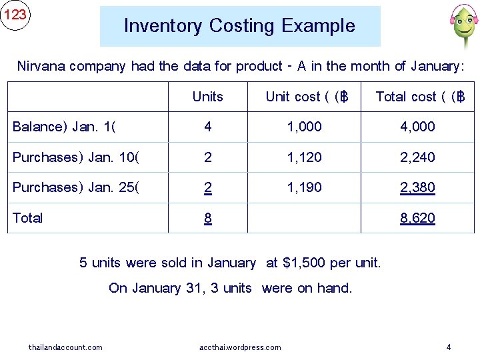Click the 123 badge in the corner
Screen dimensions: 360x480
[x=15, y=15]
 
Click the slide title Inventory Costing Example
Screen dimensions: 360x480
[x=239, y=26]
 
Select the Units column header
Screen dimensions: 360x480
[x=207, y=97]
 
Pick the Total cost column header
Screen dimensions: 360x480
[x=419, y=97]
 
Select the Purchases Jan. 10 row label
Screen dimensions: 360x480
[x=76, y=157]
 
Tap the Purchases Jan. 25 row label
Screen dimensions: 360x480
[x=76, y=187]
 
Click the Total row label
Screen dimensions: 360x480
[x=27, y=218]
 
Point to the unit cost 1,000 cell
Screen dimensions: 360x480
[x=304, y=127]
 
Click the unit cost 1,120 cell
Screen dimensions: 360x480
[x=304, y=157]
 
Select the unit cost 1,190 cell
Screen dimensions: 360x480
[x=304, y=187]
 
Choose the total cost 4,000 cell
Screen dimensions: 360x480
[x=417, y=127]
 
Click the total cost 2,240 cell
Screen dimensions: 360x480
[x=417, y=157]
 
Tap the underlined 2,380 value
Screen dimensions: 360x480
[x=417, y=187]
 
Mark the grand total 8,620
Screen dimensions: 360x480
[x=417, y=218]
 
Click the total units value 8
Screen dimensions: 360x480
[x=208, y=218]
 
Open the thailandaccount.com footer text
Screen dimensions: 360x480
[x=65, y=347]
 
